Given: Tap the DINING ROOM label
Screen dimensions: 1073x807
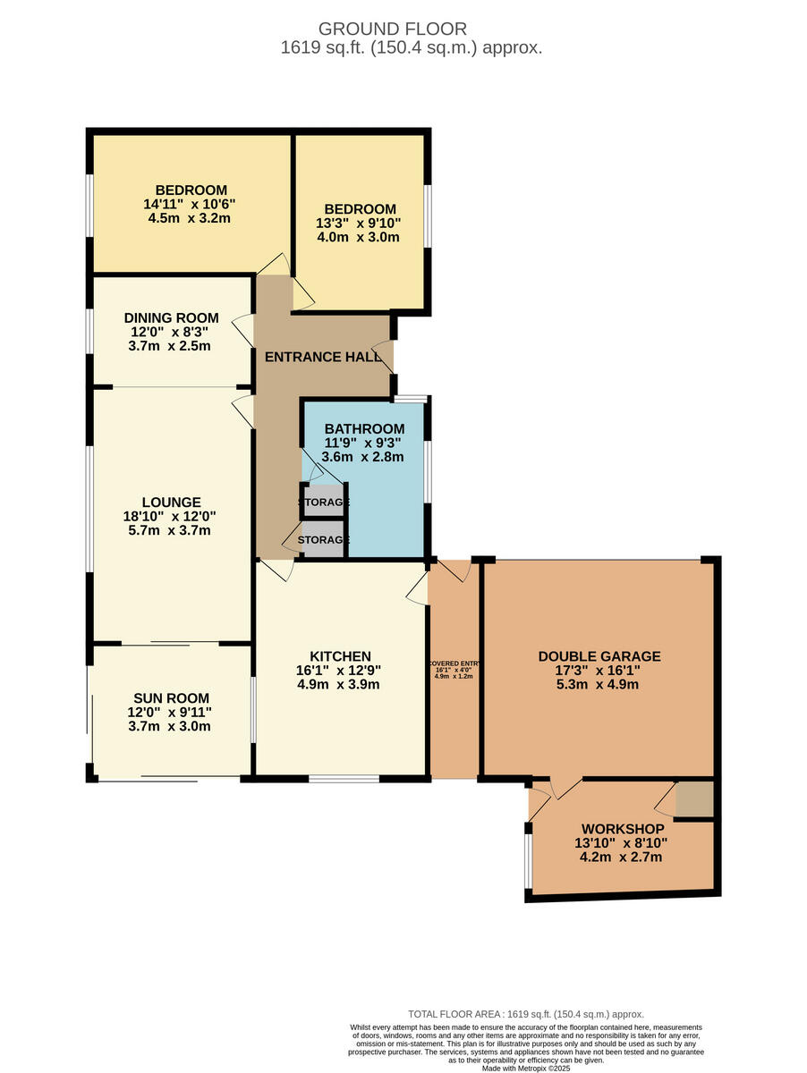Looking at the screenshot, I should coord(171,317).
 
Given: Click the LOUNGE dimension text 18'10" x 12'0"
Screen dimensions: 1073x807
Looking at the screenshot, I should coord(170,516).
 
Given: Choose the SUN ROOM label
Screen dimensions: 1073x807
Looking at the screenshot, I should coord(171,698).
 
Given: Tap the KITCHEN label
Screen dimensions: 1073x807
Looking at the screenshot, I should coord(340,656).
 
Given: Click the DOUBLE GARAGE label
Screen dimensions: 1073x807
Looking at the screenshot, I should coord(599,656).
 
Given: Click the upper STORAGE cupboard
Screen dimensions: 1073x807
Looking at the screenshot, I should coord(323,501).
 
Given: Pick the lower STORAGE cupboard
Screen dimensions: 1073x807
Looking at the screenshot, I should coord(323,540).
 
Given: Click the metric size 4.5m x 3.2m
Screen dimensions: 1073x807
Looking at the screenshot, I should coord(190,218).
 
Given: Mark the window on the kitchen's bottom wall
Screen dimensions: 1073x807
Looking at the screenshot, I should coord(344,778).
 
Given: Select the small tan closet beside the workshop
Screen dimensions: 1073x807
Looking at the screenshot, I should coord(693,798).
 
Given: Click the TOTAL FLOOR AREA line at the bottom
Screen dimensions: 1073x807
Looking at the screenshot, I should coord(525,1014).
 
